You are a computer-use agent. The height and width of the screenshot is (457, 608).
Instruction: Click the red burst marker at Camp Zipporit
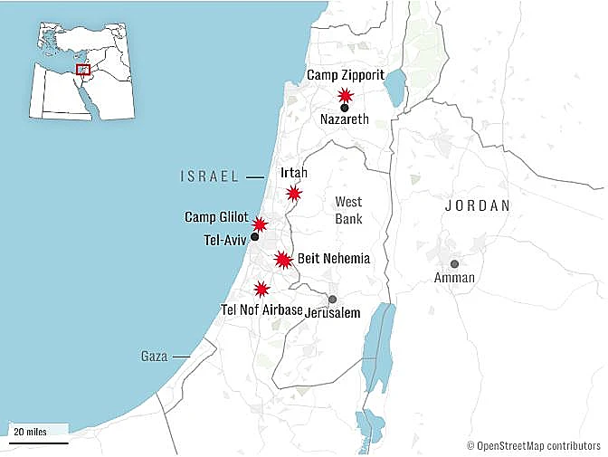(x=345, y=95)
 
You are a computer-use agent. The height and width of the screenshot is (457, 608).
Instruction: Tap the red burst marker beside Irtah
(x=293, y=193)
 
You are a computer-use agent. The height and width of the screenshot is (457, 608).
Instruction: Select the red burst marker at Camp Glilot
(x=260, y=224)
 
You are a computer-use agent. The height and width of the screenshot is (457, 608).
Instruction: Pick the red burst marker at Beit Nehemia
(x=283, y=260)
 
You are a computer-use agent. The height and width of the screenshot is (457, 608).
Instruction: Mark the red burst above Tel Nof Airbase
(x=261, y=290)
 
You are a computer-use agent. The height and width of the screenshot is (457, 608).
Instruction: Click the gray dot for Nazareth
(x=345, y=108)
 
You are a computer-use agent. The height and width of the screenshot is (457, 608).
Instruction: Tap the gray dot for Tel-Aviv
(x=254, y=237)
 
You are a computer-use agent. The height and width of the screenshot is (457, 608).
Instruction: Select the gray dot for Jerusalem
(x=332, y=300)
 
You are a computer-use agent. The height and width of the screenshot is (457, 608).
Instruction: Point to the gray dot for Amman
(x=454, y=264)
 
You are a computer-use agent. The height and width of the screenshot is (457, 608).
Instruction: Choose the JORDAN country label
(x=477, y=206)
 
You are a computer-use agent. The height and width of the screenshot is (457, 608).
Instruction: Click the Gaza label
(x=154, y=357)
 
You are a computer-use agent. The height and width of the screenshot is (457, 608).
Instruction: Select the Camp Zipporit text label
(x=346, y=74)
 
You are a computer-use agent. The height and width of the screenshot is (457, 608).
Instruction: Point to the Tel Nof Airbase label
(x=261, y=310)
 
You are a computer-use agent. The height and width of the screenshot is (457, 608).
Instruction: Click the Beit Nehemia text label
(x=334, y=259)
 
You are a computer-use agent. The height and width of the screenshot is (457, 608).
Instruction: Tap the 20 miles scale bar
(x=38, y=443)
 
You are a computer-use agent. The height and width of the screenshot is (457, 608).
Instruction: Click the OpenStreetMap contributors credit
(x=534, y=445)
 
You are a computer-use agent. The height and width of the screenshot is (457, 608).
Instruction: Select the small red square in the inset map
(x=82, y=69)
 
